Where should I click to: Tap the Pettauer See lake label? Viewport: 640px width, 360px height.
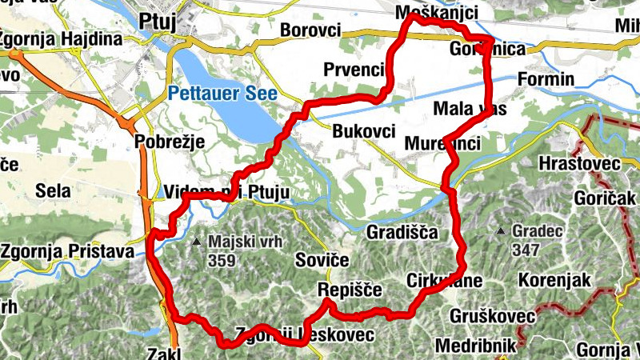pos(222,93)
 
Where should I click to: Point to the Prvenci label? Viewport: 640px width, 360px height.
pos(354,70)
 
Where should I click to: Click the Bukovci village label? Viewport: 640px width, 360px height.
pos(363,130)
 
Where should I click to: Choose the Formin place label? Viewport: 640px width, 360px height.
pos(546,79)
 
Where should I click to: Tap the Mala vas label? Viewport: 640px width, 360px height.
pos(463,108)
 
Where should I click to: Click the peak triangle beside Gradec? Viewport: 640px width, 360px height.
pos(500,232)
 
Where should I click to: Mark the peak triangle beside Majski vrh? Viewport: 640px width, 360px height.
pos(197,240)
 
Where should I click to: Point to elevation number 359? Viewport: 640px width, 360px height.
pos(221,259)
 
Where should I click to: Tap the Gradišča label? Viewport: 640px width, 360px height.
pos(402,233)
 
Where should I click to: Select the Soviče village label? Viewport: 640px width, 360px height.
pos(322,261)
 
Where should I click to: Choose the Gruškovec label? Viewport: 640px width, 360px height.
pos(492,315)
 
